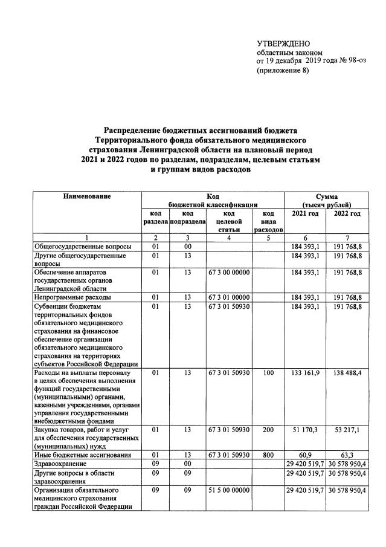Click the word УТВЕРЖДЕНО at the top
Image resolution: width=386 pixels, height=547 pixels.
tap(283, 44)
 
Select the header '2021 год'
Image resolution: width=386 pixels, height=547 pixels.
tap(305, 214)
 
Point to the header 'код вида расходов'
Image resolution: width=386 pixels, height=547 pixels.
tap(269, 222)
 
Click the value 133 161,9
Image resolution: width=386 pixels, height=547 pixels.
tap(305, 373)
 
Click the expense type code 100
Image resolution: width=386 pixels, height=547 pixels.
tap(269, 373)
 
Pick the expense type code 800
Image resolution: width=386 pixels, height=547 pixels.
tap(269, 454)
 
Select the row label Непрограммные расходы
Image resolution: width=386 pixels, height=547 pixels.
tap(72, 298)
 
